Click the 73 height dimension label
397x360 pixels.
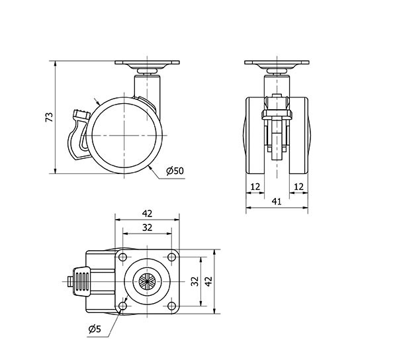[50, 117]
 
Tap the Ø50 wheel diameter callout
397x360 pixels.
[175, 171]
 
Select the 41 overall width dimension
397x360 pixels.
[277, 202]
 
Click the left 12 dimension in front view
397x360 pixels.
[255, 187]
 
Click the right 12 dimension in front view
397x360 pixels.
[299, 187]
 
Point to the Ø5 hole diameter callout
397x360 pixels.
[95, 329]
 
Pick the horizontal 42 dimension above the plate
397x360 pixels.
[147, 214]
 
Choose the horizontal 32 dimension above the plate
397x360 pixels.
[147, 228]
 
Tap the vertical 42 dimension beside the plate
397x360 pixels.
[208, 281]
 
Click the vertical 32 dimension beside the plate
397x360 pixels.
[195, 281]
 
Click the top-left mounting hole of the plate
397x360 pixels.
[123, 257]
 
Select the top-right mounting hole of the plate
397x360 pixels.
[171, 257]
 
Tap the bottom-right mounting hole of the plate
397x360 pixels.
[171, 306]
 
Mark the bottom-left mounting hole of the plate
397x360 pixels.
[123, 306]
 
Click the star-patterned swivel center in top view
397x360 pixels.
[147, 281]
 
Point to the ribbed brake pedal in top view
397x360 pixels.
[81, 281]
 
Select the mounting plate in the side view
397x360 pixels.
[147, 62]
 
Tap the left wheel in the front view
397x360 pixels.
[255, 136]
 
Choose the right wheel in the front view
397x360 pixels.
[299, 136]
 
